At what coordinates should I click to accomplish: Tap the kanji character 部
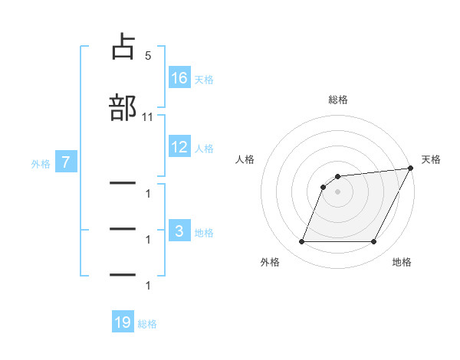click(x=123, y=106)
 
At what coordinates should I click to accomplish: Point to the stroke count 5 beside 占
click(x=147, y=56)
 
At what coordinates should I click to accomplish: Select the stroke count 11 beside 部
click(x=148, y=116)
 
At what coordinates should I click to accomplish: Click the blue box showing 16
click(x=179, y=77)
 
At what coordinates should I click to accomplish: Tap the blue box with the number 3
click(x=179, y=231)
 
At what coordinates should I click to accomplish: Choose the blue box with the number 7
click(x=66, y=162)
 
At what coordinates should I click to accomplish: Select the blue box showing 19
click(x=123, y=322)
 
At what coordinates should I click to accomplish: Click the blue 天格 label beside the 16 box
click(x=204, y=79)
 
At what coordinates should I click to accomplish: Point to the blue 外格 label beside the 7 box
click(x=41, y=163)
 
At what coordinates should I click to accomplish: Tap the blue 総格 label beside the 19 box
click(x=147, y=324)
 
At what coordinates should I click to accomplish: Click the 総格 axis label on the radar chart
click(x=338, y=100)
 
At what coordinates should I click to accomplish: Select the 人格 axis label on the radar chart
click(x=245, y=159)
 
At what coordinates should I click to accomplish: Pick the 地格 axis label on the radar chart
click(x=402, y=262)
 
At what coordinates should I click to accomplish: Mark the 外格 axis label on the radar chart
click(x=270, y=262)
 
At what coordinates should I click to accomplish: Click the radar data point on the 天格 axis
click(x=412, y=169)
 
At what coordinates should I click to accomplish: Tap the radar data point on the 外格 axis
click(x=301, y=242)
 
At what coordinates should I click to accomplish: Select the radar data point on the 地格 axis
click(x=374, y=242)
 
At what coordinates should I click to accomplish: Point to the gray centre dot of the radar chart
click(x=338, y=191)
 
